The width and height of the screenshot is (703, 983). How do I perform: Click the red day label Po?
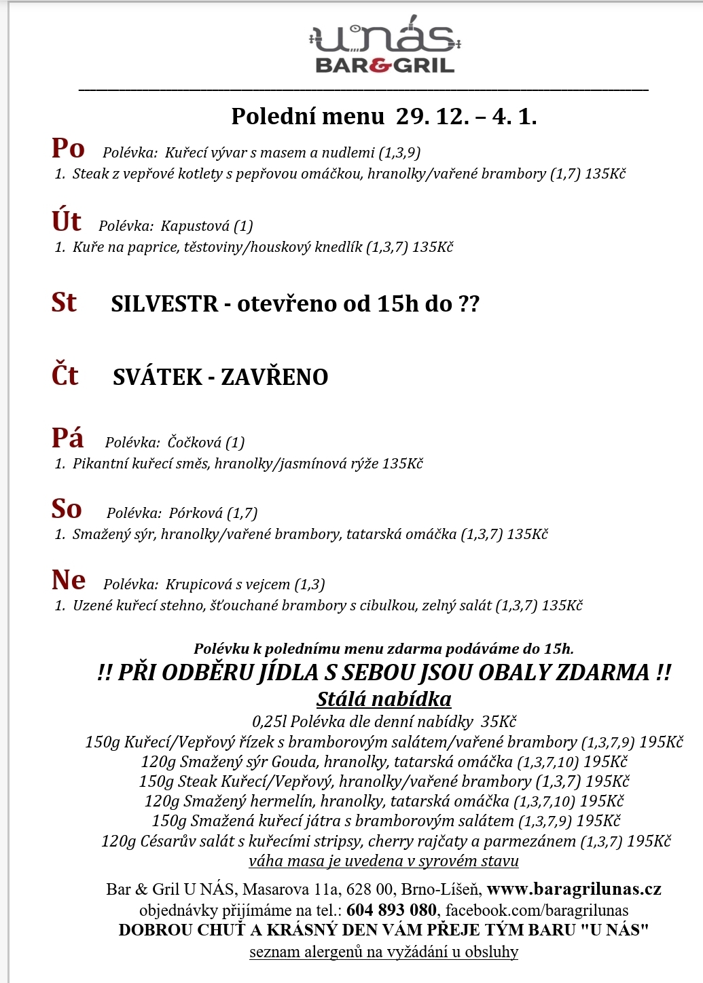(68, 148)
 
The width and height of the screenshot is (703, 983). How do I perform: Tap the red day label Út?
(66, 221)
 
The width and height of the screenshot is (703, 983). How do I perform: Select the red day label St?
(64, 302)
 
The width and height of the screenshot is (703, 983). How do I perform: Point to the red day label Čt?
(65, 375)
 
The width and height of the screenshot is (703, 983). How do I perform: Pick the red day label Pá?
(67, 438)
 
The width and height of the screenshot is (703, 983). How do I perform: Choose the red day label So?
(67, 509)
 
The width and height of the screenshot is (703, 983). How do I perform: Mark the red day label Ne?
(68, 580)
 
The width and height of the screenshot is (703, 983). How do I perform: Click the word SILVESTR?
(164, 303)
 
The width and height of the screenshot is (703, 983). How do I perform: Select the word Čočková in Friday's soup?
(195, 443)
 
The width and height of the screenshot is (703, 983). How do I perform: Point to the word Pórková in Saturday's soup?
(196, 513)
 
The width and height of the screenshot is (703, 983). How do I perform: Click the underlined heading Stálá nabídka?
(384, 699)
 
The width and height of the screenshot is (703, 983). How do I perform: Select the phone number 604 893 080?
(391, 910)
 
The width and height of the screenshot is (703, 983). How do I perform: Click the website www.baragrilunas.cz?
(574, 889)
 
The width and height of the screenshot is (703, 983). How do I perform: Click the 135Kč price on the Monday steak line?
(605, 174)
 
